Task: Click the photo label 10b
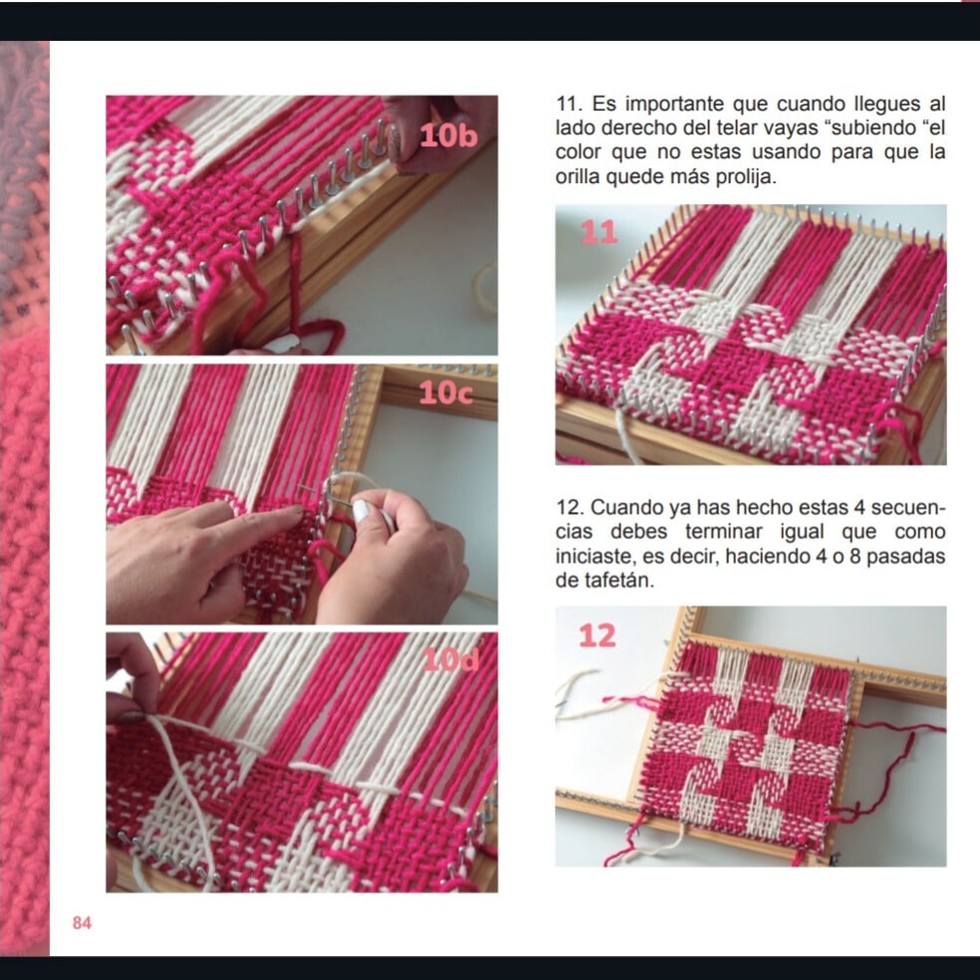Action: pyautogui.click(x=448, y=135)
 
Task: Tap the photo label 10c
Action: pyautogui.click(x=445, y=392)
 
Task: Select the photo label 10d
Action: pyautogui.click(x=450, y=659)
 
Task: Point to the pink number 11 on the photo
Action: pyautogui.click(x=599, y=232)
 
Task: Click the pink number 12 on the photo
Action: pyautogui.click(x=598, y=635)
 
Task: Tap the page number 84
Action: pyautogui.click(x=82, y=922)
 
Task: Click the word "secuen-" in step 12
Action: pyautogui.click(x=907, y=508)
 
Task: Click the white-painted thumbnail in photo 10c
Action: pyautogui.click(x=362, y=511)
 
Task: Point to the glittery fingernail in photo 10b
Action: pyautogui.click(x=393, y=143)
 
